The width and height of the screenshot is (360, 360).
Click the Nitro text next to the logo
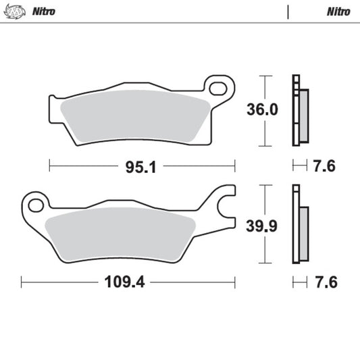(x=44, y=11)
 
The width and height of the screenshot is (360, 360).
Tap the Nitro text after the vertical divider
(x=338, y=11)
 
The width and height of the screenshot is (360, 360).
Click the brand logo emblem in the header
(x=16, y=11)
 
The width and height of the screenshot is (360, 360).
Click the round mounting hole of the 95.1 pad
(x=217, y=88)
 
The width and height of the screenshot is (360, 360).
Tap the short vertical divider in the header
(x=288, y=11)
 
